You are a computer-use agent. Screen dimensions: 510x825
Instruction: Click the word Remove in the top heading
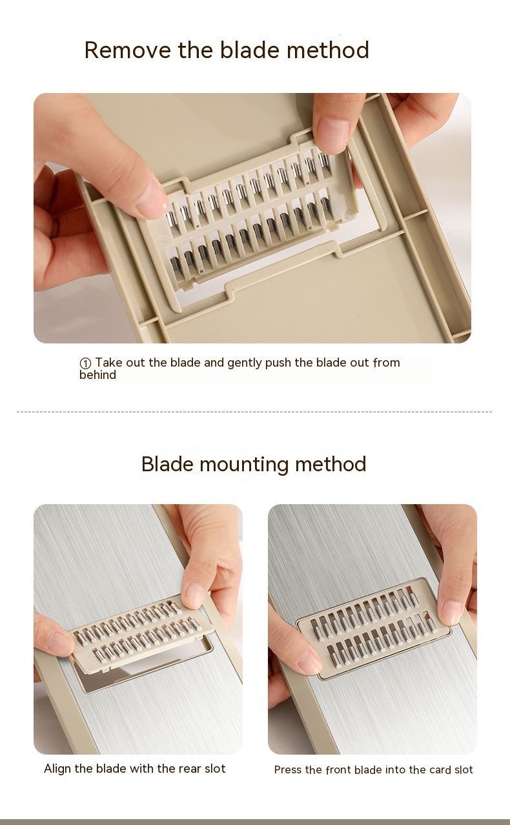(128, 50)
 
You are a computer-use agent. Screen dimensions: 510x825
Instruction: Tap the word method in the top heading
(328, 50)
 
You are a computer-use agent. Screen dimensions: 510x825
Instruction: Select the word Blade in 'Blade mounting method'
(168, 464)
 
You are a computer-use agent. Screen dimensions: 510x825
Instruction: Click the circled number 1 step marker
(85, 363)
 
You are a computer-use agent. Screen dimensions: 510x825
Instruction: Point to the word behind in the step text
(97, 375)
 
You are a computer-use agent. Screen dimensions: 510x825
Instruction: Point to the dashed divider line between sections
(254, 412)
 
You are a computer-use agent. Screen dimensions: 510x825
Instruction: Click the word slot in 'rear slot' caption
(215, 769)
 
